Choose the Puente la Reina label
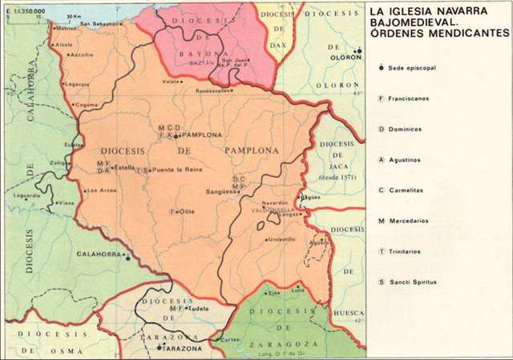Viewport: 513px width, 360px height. [x=175, y=170]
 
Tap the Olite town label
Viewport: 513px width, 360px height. [x=187, y=212]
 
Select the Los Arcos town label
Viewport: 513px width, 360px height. [x=102, y=190]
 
